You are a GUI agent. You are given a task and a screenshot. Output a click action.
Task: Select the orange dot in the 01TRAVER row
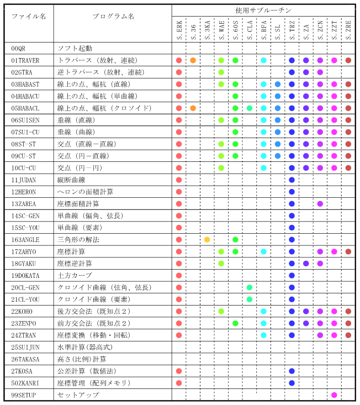[193, 60]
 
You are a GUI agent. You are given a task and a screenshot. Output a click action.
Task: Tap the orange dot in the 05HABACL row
[193, 108]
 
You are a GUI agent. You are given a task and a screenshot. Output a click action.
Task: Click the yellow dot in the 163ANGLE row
[207, 240]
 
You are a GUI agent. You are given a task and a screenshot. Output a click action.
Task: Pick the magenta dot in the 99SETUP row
[334, 395]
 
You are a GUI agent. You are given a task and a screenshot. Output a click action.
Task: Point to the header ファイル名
[29, 17]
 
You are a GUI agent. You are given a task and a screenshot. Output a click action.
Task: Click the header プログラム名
[113, 17]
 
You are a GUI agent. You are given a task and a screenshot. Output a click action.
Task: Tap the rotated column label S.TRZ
[292, 29]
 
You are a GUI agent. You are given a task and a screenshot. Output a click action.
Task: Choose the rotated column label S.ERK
[179, 29]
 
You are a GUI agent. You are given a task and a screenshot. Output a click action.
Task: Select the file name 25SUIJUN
[25, 348]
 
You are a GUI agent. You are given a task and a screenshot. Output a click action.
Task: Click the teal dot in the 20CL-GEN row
[250, 287]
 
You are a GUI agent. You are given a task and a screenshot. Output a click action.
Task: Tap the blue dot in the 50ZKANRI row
[292, 383]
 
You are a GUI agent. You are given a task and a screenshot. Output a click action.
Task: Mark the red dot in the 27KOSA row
[179, 371]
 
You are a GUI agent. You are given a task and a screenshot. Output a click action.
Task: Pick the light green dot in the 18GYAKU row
[221, 264]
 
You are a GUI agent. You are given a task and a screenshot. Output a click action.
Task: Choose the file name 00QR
[18, 49]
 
